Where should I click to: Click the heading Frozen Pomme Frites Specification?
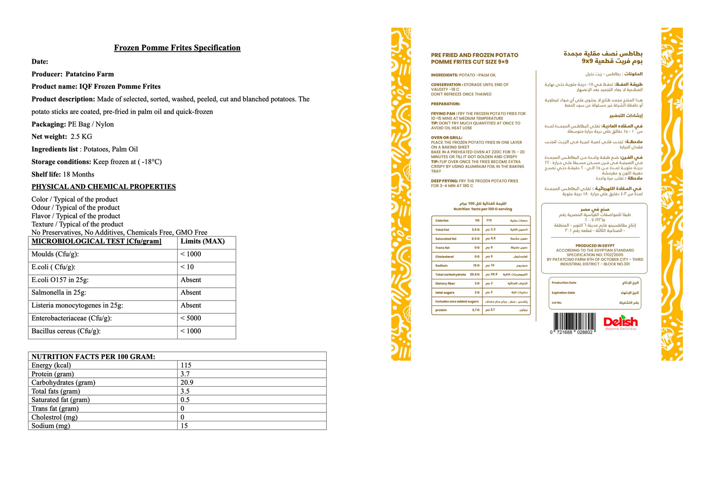[x=177, y=48]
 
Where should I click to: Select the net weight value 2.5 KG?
[x=81, y=137]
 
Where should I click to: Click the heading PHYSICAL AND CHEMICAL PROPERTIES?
[x=104, y=186]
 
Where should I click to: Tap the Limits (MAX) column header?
[x=202, y=241]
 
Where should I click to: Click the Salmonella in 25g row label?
[x=59, y=293]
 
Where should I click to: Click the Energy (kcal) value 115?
[x=186, y=365]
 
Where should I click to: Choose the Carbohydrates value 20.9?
[x=187, y=382]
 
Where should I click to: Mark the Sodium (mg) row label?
[x=51, y=426]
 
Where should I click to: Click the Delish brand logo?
[x=620, y=323]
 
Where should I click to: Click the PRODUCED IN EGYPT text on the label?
[x=595, y=245]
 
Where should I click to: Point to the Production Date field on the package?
[x=564, y=283]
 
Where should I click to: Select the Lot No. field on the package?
[x=557, y=302]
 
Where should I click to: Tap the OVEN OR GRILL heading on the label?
[x=446, y=138]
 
